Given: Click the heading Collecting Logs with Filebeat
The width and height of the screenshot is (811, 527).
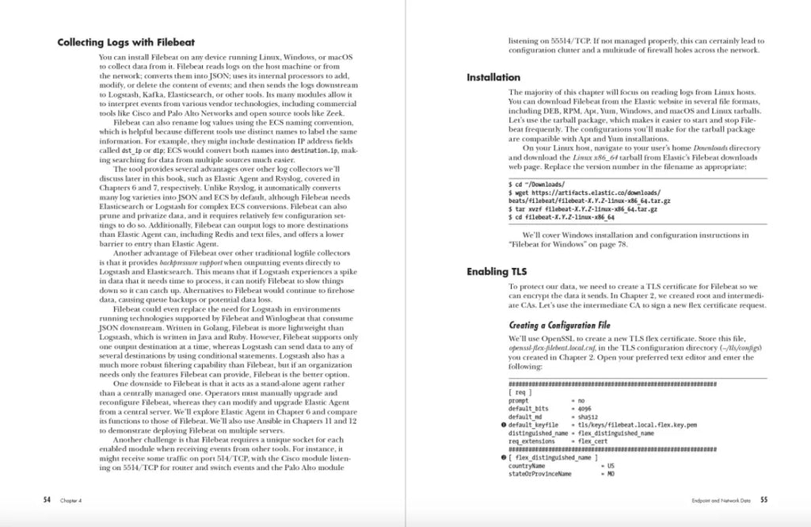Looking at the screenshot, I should [126, 42].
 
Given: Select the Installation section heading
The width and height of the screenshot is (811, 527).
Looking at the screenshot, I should [493, 77].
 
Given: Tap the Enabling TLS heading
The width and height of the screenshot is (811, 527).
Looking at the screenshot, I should [497, 272].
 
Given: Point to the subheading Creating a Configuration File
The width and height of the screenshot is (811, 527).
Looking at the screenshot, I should [559, 325].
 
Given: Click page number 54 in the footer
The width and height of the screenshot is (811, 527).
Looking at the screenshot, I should [47, 500].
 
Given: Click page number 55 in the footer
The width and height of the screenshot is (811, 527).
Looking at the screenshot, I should [763, 500].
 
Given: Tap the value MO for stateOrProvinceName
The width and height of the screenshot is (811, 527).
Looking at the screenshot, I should [611, 474].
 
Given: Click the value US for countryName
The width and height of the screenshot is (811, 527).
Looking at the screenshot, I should [611, 466].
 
